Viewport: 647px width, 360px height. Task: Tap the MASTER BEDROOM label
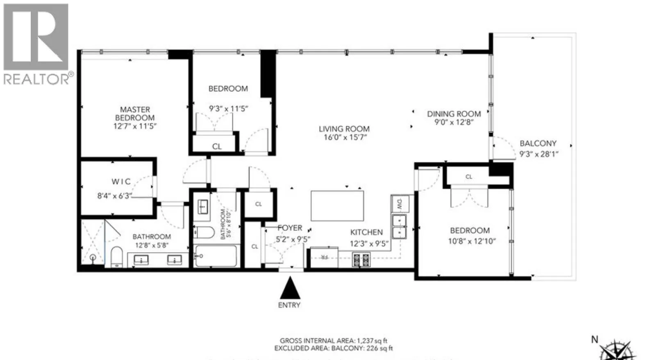[x=135, y=114]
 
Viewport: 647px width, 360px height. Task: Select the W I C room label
[x=121, y=181]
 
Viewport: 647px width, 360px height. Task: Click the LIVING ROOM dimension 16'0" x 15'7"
[x=345, y=137]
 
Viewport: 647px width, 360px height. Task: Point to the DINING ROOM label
[x=454, y=114]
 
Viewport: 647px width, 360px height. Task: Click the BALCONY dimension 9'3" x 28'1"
[x=539, y=154]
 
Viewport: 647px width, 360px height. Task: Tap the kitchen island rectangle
[x=337, y=205]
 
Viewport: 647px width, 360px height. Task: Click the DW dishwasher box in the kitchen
[x=400, y=203]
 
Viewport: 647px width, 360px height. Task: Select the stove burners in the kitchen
[x=361, y=260]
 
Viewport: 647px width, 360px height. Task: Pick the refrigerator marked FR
[x=324, y=257]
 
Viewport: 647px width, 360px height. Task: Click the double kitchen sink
[x=399, y=227]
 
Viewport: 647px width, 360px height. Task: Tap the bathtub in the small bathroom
[x=216, y=256]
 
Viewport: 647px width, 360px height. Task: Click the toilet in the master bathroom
[x=117, y=257]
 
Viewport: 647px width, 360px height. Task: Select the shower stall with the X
[x=93, y=242]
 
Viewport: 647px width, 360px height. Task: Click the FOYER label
[x=290, y=228]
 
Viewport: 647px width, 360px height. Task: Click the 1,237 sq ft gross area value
[x=372, y=340]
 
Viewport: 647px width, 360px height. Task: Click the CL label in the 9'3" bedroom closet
[x=217, y=146]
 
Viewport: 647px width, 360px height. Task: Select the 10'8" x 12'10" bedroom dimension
[x=472, y=241]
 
